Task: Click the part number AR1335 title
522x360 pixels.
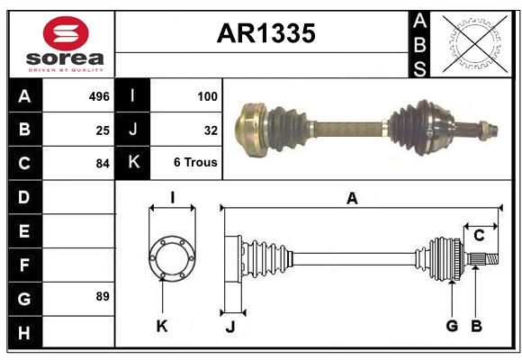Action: coord(265,34)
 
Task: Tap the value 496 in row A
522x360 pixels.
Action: coord(98,96)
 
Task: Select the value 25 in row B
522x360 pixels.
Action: coord(103,130)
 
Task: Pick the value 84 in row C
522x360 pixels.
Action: coord(102,164)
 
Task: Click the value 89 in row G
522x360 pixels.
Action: coord(102,296)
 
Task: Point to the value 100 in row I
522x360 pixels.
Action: coord(207,96)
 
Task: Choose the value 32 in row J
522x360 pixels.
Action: coord(211,130)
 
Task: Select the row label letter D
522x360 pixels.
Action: coord(24,197)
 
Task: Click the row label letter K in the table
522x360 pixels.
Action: coord(133,164)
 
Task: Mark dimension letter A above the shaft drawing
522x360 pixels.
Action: coord(352,199)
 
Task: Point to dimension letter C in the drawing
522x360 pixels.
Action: coord(479,236)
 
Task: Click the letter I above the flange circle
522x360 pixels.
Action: coord(171,199)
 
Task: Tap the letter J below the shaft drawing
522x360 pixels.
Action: coord(229,327)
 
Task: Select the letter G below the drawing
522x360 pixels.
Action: coord(452,326)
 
